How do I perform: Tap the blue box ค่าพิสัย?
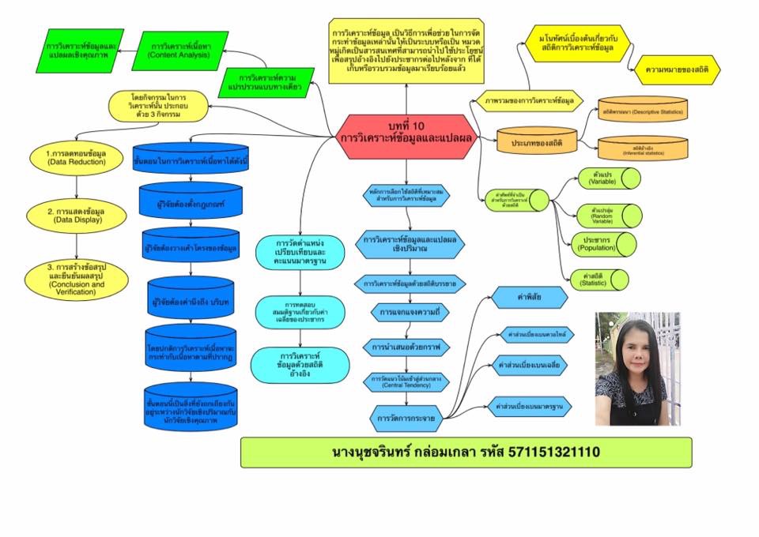pyautogui.click(x=529, y=297)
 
